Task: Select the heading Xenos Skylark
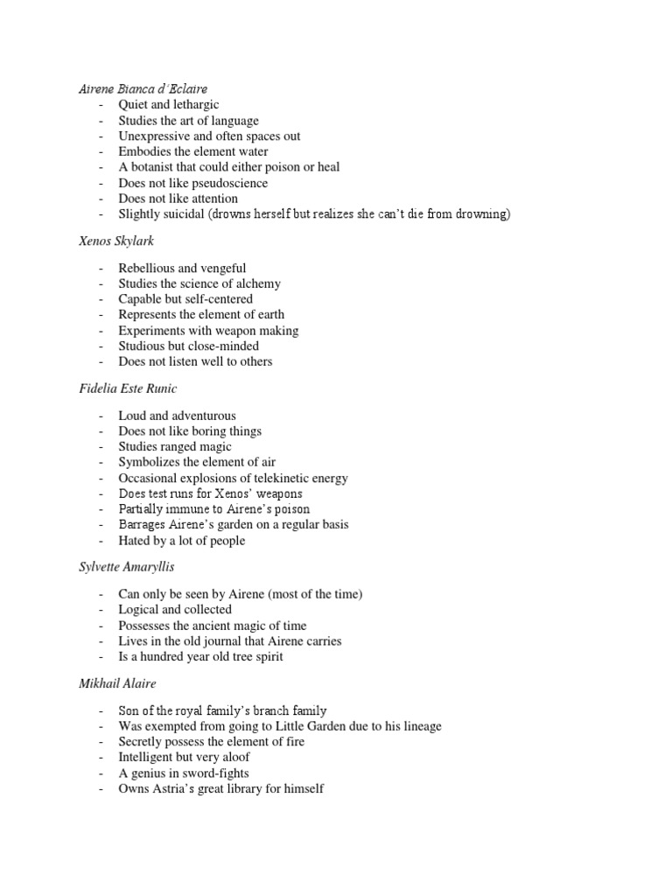pyautogui.click(x=116, y=241)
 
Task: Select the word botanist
pyautogui.click(x=154, y=167)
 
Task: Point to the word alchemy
pyautogui.click(x=257, y=284)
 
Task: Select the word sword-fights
pyautogui.click(x=214, y=773)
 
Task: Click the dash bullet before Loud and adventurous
pyautogui.click(x=101, y=416)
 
